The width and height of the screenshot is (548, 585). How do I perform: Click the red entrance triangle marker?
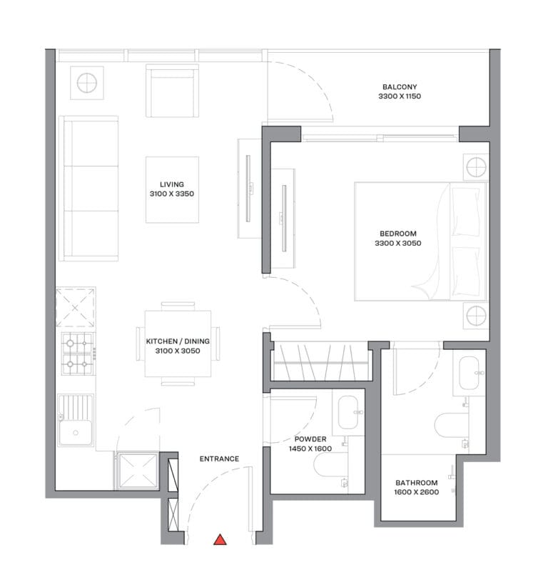tap(220, 540)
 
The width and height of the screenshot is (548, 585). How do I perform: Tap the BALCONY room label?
tap(400, 87)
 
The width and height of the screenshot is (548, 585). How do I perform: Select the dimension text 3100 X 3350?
tap(172, 194)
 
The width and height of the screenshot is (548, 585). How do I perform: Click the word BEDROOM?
tap(398, 234)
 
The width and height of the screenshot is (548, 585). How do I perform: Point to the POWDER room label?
tap(310, 439)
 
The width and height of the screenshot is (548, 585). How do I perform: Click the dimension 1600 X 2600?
tap(417, 492)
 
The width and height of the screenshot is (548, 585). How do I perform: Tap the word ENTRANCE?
tap(219, 459)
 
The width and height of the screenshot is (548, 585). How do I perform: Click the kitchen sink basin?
tap(76, 432)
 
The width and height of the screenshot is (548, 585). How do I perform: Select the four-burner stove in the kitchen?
tap(78, 354)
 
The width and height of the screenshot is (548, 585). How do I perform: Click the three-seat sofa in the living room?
tap(89, 189)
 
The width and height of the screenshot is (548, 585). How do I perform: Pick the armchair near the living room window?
tap(172, 91)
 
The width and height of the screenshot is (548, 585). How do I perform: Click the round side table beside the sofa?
tap(87, 83)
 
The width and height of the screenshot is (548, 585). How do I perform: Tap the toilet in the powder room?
tap(330, 466)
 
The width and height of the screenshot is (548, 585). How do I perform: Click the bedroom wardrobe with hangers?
tap(321, 362)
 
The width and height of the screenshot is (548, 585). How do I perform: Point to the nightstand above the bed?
tap(476, 166)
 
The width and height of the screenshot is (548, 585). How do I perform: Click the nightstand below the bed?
tap(476, 316)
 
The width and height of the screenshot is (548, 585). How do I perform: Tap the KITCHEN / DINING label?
tap(178, 341)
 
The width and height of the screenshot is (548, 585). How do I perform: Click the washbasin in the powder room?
tap(348, 413)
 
